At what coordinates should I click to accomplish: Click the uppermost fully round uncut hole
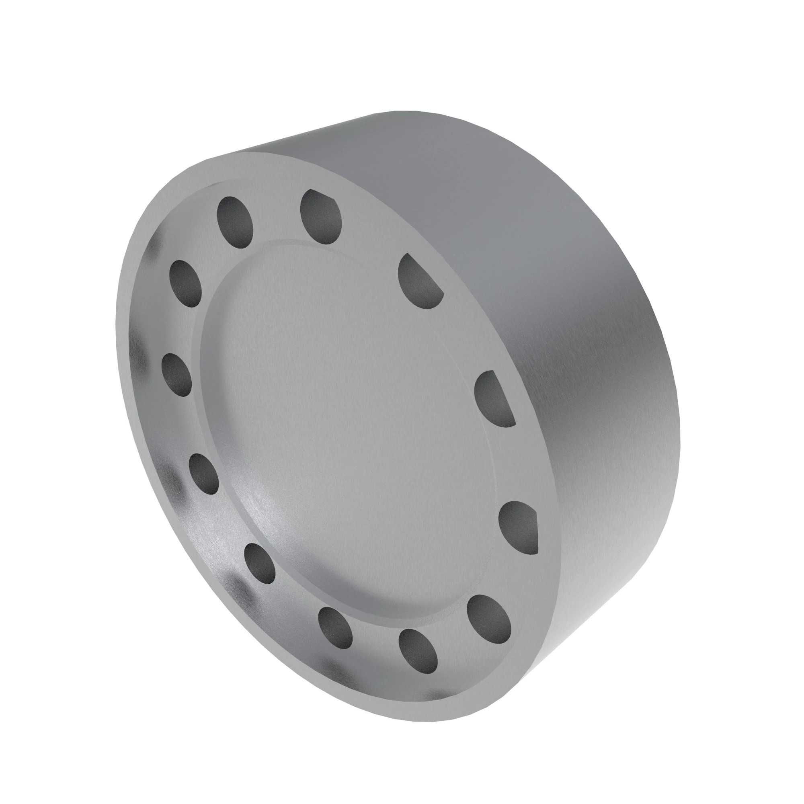click(235, 222)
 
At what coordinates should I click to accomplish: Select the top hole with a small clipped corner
click(320, 216)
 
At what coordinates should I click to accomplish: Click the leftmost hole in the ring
click(176, 375)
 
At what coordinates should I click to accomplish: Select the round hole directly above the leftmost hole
click(186, 283)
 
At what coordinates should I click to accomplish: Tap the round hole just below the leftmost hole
click(203, 474)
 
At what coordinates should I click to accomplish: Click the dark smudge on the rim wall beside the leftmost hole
click(139, 358)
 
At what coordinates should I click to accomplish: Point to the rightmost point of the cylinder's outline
click(679, 437)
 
